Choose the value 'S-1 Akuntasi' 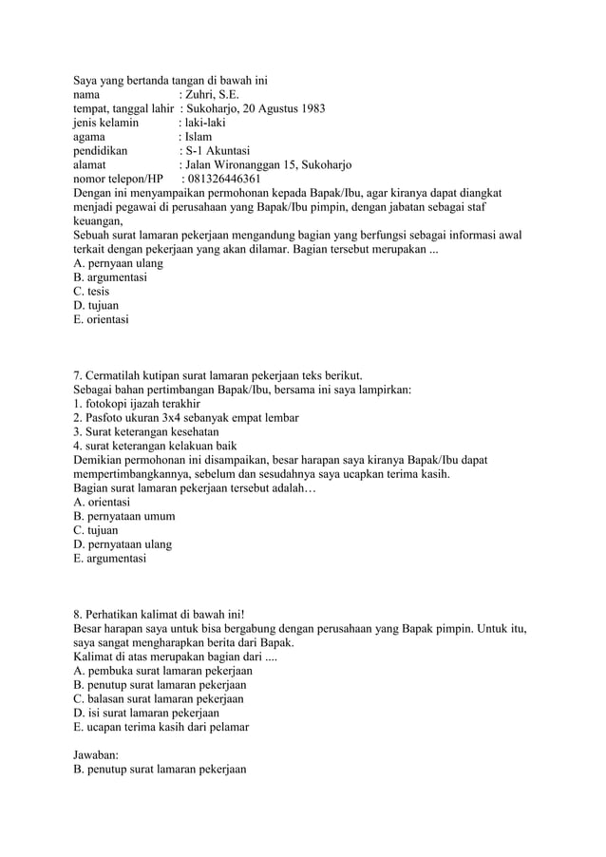(x=218, y=151)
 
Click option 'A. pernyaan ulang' (x=118, y=263)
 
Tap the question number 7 (x=77, y=375)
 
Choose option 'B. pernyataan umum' (x=123, y=516)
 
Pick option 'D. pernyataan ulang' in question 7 (x=123, y=544)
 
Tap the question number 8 (x=77, y=615)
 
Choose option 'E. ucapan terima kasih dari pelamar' (x=161, y=727)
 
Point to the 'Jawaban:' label (x=99, y=755)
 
